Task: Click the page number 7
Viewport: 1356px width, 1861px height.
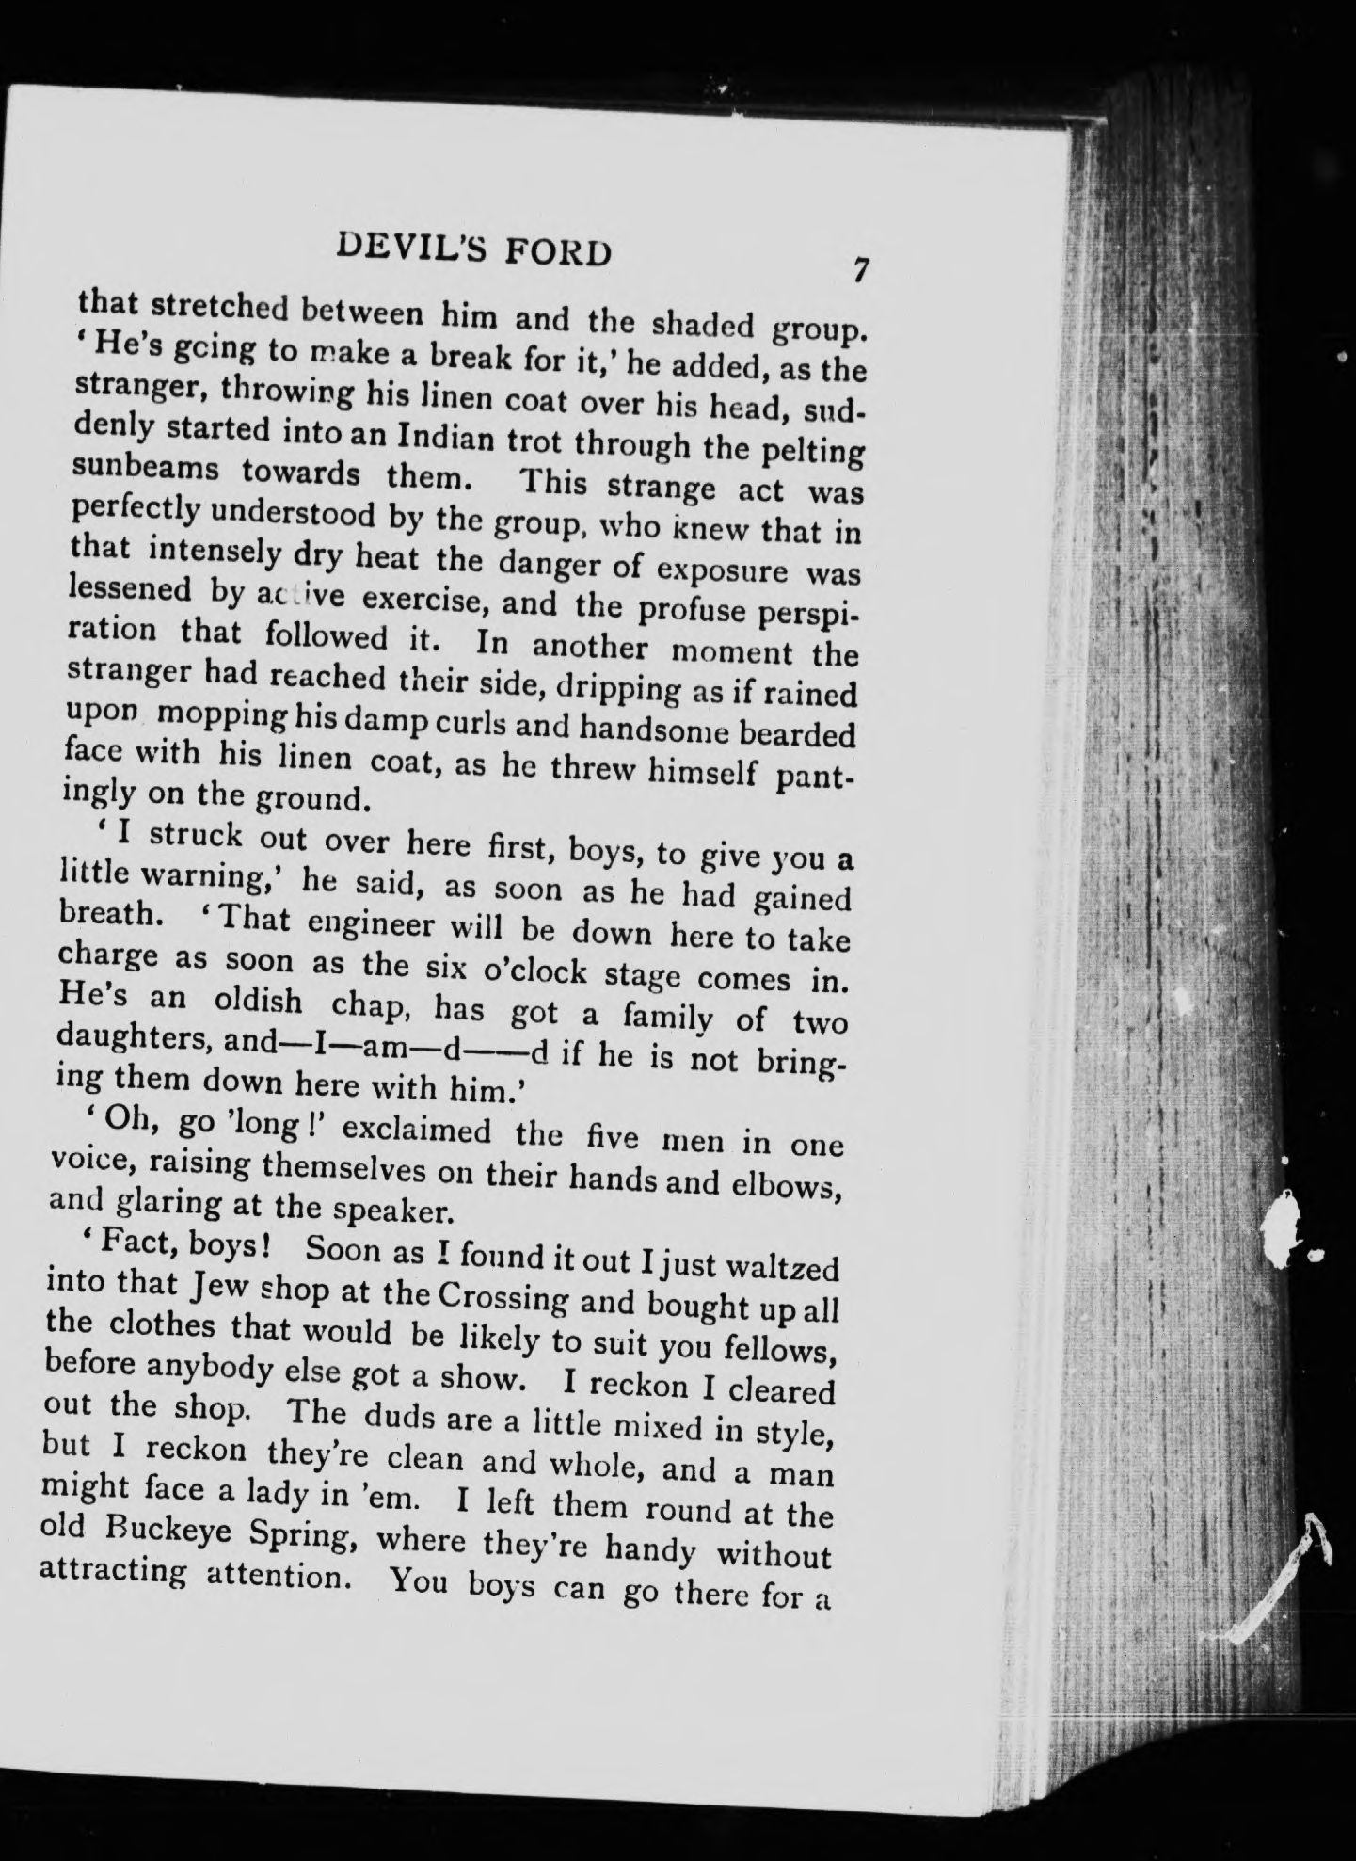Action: (x=858, y=269)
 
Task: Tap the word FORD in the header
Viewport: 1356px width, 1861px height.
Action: (x=558, y=252)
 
